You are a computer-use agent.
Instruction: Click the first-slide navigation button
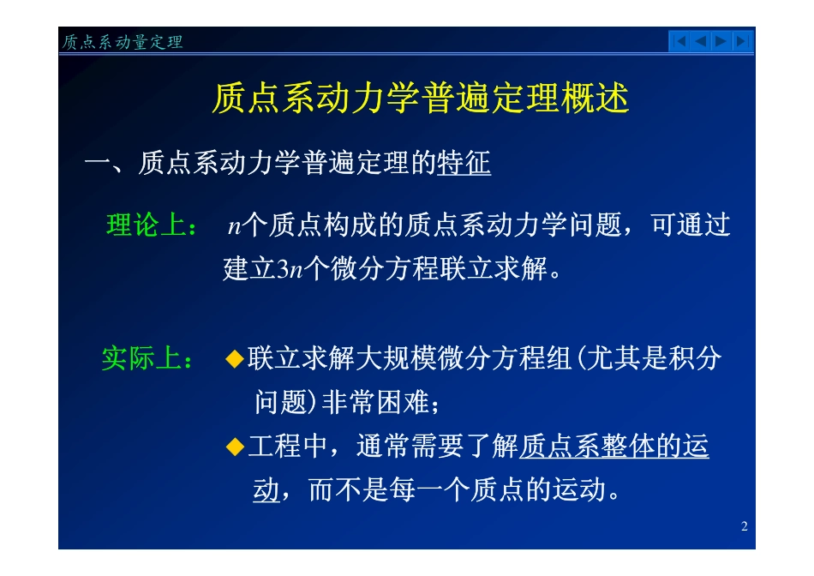pos(679,40)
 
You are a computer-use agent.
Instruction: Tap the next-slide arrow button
pos(721,40)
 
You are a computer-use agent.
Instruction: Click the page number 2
pos(744,526)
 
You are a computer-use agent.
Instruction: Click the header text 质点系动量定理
pos(123,42)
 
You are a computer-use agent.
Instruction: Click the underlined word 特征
pos(464,163)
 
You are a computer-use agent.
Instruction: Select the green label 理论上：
pos(153,226)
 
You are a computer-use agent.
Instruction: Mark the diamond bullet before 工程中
pos(234,447)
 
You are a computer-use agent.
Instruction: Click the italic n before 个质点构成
pos(234,227)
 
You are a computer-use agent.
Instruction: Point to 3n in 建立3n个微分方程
pos(290,271)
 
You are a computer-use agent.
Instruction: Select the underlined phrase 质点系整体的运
pos(613,447)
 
